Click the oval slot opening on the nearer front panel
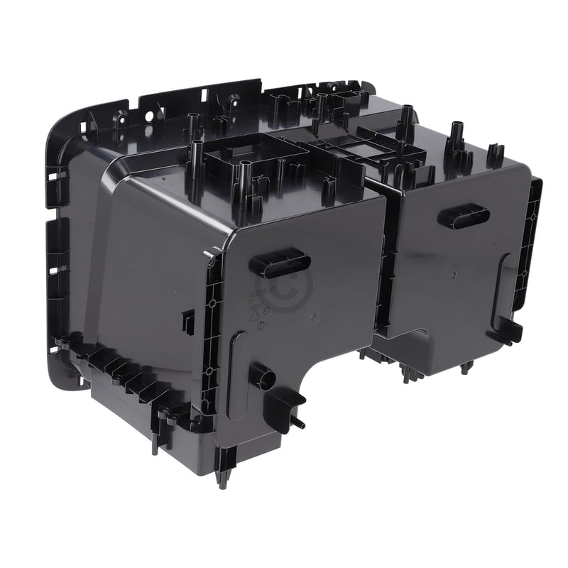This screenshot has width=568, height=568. [x=280, y=263]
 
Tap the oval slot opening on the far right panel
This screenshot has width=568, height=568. [x=463, y=217]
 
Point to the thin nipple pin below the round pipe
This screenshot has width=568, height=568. [x=299, y=423]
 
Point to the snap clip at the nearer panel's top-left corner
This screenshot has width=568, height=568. [x=211, y=256]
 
